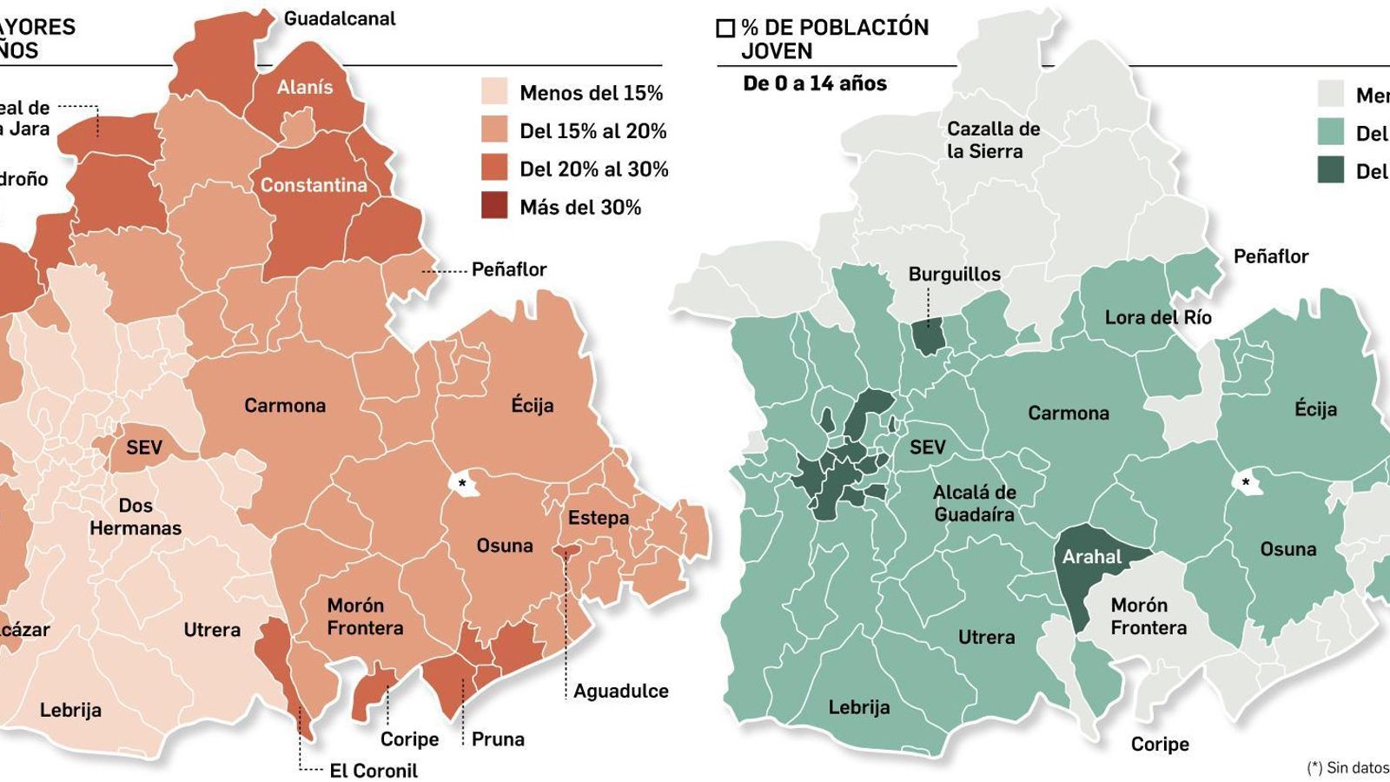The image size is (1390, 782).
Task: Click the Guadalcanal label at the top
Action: (x=340, y=19)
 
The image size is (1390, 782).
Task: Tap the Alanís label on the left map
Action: (x=305, y=88)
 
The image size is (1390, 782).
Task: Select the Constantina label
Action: (x=314, y=185)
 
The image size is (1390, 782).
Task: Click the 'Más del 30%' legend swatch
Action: (x=494, y=207)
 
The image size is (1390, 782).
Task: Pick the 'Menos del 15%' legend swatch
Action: (x=494, y=92)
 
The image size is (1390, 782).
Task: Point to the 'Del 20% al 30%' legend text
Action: (x=593, y=169)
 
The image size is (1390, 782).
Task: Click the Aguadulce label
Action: (x=620, y=692)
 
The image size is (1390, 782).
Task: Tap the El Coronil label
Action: (x=374, y=771)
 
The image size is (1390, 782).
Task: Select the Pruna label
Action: (x=498, y=739)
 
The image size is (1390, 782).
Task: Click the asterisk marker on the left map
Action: (x=462, y=484)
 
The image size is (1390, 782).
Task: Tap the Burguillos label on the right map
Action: (x=954, y=275)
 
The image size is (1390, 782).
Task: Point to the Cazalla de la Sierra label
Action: (x=993, y=140)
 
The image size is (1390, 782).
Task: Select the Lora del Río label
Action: (x=1157, y=318)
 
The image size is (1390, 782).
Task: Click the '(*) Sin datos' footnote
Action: (x=1347, y=768)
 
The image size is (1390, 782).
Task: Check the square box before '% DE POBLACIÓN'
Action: (x=725, y=29)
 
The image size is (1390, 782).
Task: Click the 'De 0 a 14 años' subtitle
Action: (x=814, y=84)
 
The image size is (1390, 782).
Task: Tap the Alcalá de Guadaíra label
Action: (x=974, y=503)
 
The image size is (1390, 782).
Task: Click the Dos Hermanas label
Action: (x=136, y=517)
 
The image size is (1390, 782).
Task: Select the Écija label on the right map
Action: (x=1314, y=409)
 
